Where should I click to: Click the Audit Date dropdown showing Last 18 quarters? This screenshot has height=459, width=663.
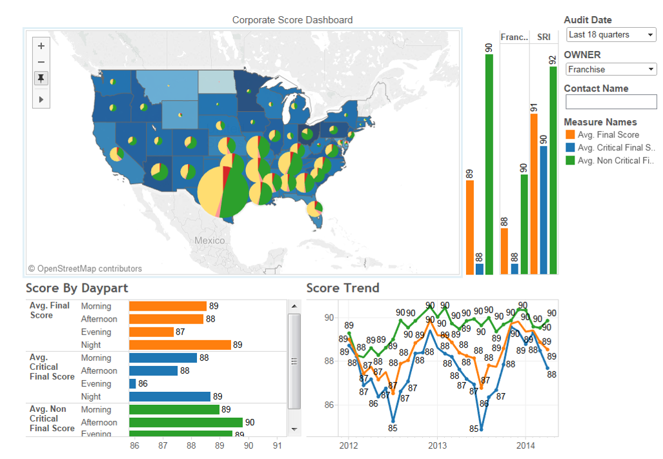point(610,35)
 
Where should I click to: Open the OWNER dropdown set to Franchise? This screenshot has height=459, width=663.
point(610,69)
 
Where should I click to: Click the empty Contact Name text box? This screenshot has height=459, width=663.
point(611,102)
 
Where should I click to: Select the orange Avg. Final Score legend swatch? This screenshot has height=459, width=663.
point(569,135)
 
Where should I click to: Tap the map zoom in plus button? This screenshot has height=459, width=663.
point(41,46)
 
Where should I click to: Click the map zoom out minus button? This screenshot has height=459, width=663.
point(41,62)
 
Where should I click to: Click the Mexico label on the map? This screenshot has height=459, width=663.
point(210,241)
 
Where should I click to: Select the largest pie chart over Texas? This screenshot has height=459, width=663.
point(222,191)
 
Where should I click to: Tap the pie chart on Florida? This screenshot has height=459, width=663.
point(314,209)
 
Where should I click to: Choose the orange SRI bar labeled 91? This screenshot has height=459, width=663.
point(534,194)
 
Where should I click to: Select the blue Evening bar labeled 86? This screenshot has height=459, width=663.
point(132,383)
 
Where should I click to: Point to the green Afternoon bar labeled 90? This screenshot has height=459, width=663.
point(185,422)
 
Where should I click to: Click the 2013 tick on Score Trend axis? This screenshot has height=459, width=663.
point(437,445)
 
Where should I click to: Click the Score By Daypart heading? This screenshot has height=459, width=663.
point(77,288)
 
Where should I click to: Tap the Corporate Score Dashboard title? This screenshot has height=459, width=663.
point(292,20)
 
